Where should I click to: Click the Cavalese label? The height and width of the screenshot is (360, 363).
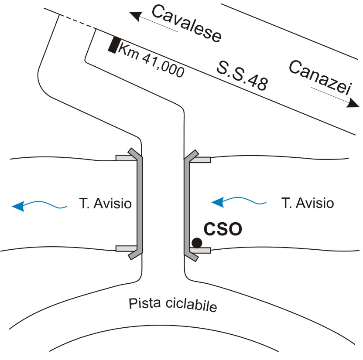click(x=187, y=24)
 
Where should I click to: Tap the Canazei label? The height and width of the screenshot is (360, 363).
click(x=320, y=78)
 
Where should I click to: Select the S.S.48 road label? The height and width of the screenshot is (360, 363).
click(x=242, y=75)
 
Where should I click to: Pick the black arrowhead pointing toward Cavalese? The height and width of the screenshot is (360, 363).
click(x=135, y=16)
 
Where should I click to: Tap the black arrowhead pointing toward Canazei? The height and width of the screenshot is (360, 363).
click(x=353, y=103)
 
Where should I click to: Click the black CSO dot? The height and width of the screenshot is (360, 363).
click(x=197, y=243)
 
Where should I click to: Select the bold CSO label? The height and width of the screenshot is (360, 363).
click(x=223, y=229)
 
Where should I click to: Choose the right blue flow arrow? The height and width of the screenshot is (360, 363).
click(x=239, y=201)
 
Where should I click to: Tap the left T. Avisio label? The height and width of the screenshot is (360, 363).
click(x=105, y=204)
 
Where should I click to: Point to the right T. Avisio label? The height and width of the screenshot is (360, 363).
click(x=308, y=203)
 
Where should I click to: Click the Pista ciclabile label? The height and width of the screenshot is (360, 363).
click(x=173, y=305)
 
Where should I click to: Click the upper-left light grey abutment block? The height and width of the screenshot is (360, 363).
click(x=126, y=158)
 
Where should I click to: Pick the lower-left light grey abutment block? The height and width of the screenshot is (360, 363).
click(x=126, y=248)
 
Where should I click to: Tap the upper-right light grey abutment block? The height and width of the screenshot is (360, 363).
click(x=200, y=160)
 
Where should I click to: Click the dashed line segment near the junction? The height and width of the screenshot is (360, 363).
click(x=78, y=22)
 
